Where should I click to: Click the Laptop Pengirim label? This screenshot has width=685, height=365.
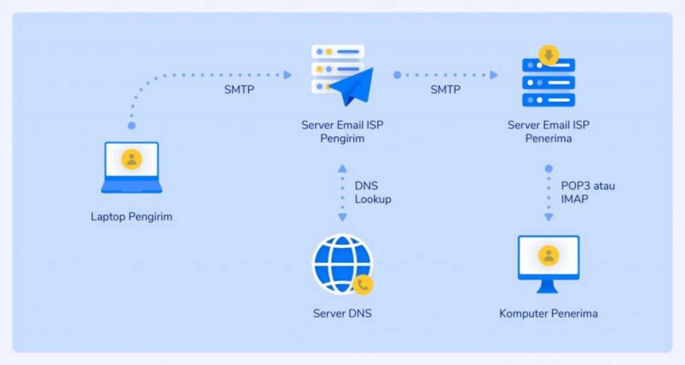[x=132, y=217]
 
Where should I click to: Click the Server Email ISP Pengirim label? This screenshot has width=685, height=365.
[x=342, y=132]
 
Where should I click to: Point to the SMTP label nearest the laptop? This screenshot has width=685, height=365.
[x=239, y=90]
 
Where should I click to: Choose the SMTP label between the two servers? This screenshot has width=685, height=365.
[x=445, y=90]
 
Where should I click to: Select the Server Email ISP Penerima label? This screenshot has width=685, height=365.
[x=549, y=132]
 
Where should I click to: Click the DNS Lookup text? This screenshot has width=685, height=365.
[x=373, y=193]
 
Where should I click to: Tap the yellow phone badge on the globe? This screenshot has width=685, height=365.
[x=363, y=285]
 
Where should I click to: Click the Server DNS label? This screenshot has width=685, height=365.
[x=342, y=314]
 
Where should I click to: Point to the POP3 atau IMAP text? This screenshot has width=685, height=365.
[x=587, y=193]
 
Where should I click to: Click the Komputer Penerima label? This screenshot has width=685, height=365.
[x=549, y=314]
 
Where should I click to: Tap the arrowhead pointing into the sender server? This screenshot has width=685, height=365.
[x=288, y=75]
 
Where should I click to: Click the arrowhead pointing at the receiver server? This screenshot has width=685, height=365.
[x=494, y=75]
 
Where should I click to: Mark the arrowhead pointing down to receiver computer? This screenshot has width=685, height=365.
[x=549, y=217]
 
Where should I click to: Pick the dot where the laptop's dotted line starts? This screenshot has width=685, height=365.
[x=132, y=125]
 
